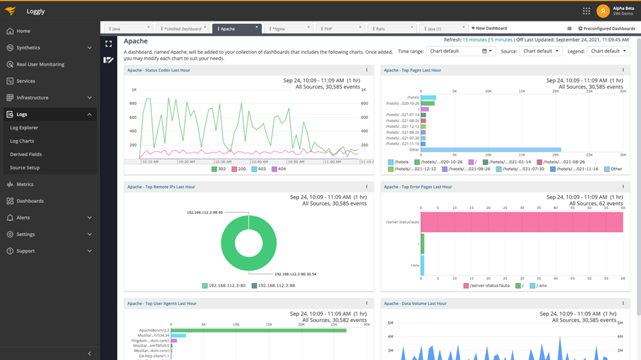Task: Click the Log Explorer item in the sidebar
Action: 24,127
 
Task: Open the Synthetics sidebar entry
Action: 28,48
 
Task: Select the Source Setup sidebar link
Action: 25,168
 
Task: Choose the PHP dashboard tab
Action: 328,29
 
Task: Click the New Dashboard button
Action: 489,28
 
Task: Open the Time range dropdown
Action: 460,51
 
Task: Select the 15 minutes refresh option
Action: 474,40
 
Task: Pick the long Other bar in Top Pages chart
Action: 490,150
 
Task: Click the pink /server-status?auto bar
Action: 521,221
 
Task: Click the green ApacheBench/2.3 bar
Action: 258,330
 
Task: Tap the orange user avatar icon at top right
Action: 603,11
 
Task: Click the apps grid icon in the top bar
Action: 586,11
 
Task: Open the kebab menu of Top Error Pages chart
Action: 623,187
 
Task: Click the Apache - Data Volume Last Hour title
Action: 415,304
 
